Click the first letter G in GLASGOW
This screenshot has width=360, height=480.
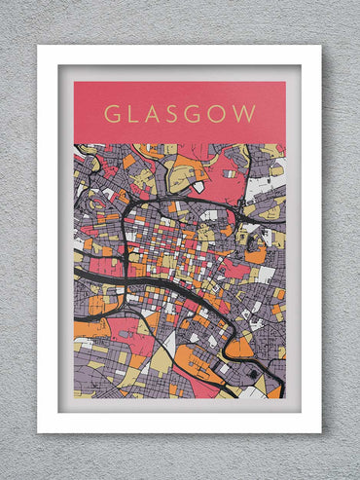point(110,113)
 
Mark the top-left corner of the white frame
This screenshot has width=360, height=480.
point(39,47)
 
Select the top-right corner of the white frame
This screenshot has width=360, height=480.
point(320,47)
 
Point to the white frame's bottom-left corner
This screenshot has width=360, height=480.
point(39,431)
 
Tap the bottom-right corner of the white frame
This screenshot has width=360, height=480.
point(320,431)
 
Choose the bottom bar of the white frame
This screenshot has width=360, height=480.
point(180,423)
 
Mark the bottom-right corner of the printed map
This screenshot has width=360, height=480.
point(285,397)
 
